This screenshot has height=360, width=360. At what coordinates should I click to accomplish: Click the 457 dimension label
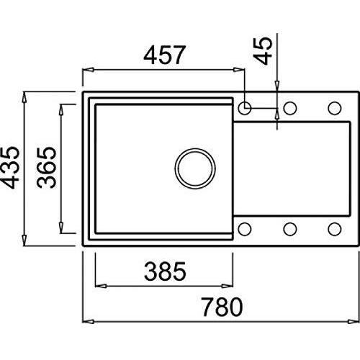pyautogui.click(x=165, y=55)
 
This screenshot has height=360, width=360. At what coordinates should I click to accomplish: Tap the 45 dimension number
pyautogui.click(x=263, y=50)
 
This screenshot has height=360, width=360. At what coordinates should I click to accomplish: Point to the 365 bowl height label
pyautogui.click(x=46, y=167)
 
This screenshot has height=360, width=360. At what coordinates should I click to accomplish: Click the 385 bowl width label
pyautogui.click(x=165, y=271)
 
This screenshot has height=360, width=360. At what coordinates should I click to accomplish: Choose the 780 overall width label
pyautogui.click(x=222, y=307)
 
